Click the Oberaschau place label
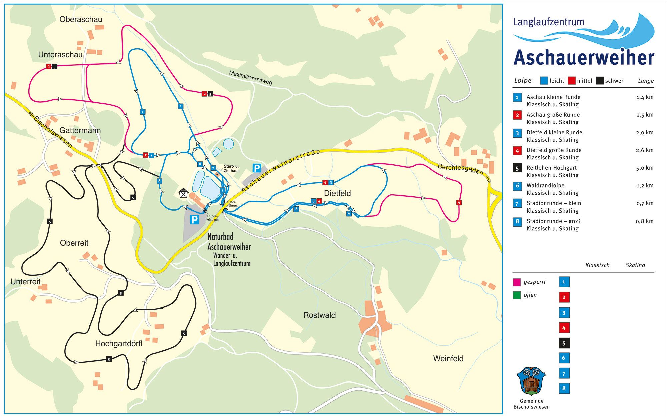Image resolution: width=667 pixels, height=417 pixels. click(x=81, y=19)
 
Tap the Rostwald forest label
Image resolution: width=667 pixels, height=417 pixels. click(x=319, y=315)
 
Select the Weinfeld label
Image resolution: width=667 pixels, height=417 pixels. click(x=448, y=358)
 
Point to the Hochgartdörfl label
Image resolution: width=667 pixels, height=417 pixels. click(x=119, y=343)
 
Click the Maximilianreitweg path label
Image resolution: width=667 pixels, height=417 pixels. click(x=250, y=78)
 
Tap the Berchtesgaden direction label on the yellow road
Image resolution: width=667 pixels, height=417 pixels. click(x=460, y=169)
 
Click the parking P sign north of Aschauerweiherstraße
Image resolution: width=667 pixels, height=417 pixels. click(x=257, y=168)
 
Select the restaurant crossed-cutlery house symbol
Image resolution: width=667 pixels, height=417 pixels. click(x=183, y=193)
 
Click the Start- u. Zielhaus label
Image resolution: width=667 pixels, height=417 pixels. click(x=231, y=168)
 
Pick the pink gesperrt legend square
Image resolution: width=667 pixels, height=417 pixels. click(x=516, y=282)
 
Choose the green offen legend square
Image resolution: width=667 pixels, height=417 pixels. click(x=516, y=295)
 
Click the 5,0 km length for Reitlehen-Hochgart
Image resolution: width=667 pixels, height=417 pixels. click(x=644, y=168)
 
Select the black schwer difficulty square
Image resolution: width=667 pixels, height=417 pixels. click(x=600, y=81)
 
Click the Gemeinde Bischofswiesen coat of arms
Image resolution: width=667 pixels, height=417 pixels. click(x=531, y=381)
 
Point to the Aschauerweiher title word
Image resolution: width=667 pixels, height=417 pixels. click(x=584, y=58)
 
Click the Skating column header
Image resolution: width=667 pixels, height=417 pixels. click(x=635, y=265)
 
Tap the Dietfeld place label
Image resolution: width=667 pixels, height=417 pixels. click(x=337, y=193)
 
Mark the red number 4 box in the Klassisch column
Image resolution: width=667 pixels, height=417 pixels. click(x=564, y=328)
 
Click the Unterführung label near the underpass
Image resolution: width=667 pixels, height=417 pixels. click(x=233, y=204)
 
